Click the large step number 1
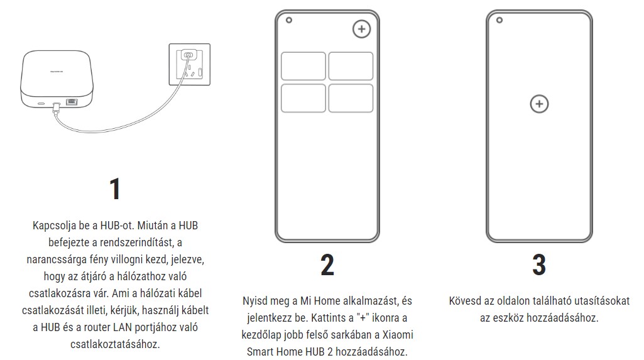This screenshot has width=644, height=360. coord(115,189)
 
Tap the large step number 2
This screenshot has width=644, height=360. coord(327,265)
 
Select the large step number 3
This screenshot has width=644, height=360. coord(539,265)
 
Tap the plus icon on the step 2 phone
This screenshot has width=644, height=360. coord(361,29)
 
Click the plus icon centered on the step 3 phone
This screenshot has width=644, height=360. coord(539,104)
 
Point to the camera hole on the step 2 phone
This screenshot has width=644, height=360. coord(289,19)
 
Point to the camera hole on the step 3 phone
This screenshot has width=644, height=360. coord(499,19)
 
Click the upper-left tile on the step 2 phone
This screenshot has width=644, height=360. coord(303,66)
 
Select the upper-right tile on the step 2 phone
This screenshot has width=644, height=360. coord(351,66)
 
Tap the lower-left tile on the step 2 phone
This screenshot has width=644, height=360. coord(303,98)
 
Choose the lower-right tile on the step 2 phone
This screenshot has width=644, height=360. coord(351,98)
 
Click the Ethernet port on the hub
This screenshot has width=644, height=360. coord(72,102)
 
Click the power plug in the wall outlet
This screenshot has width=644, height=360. coord(188,55)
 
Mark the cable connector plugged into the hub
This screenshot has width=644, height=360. coord(57,106)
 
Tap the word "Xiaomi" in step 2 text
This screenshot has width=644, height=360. coord(398,334)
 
